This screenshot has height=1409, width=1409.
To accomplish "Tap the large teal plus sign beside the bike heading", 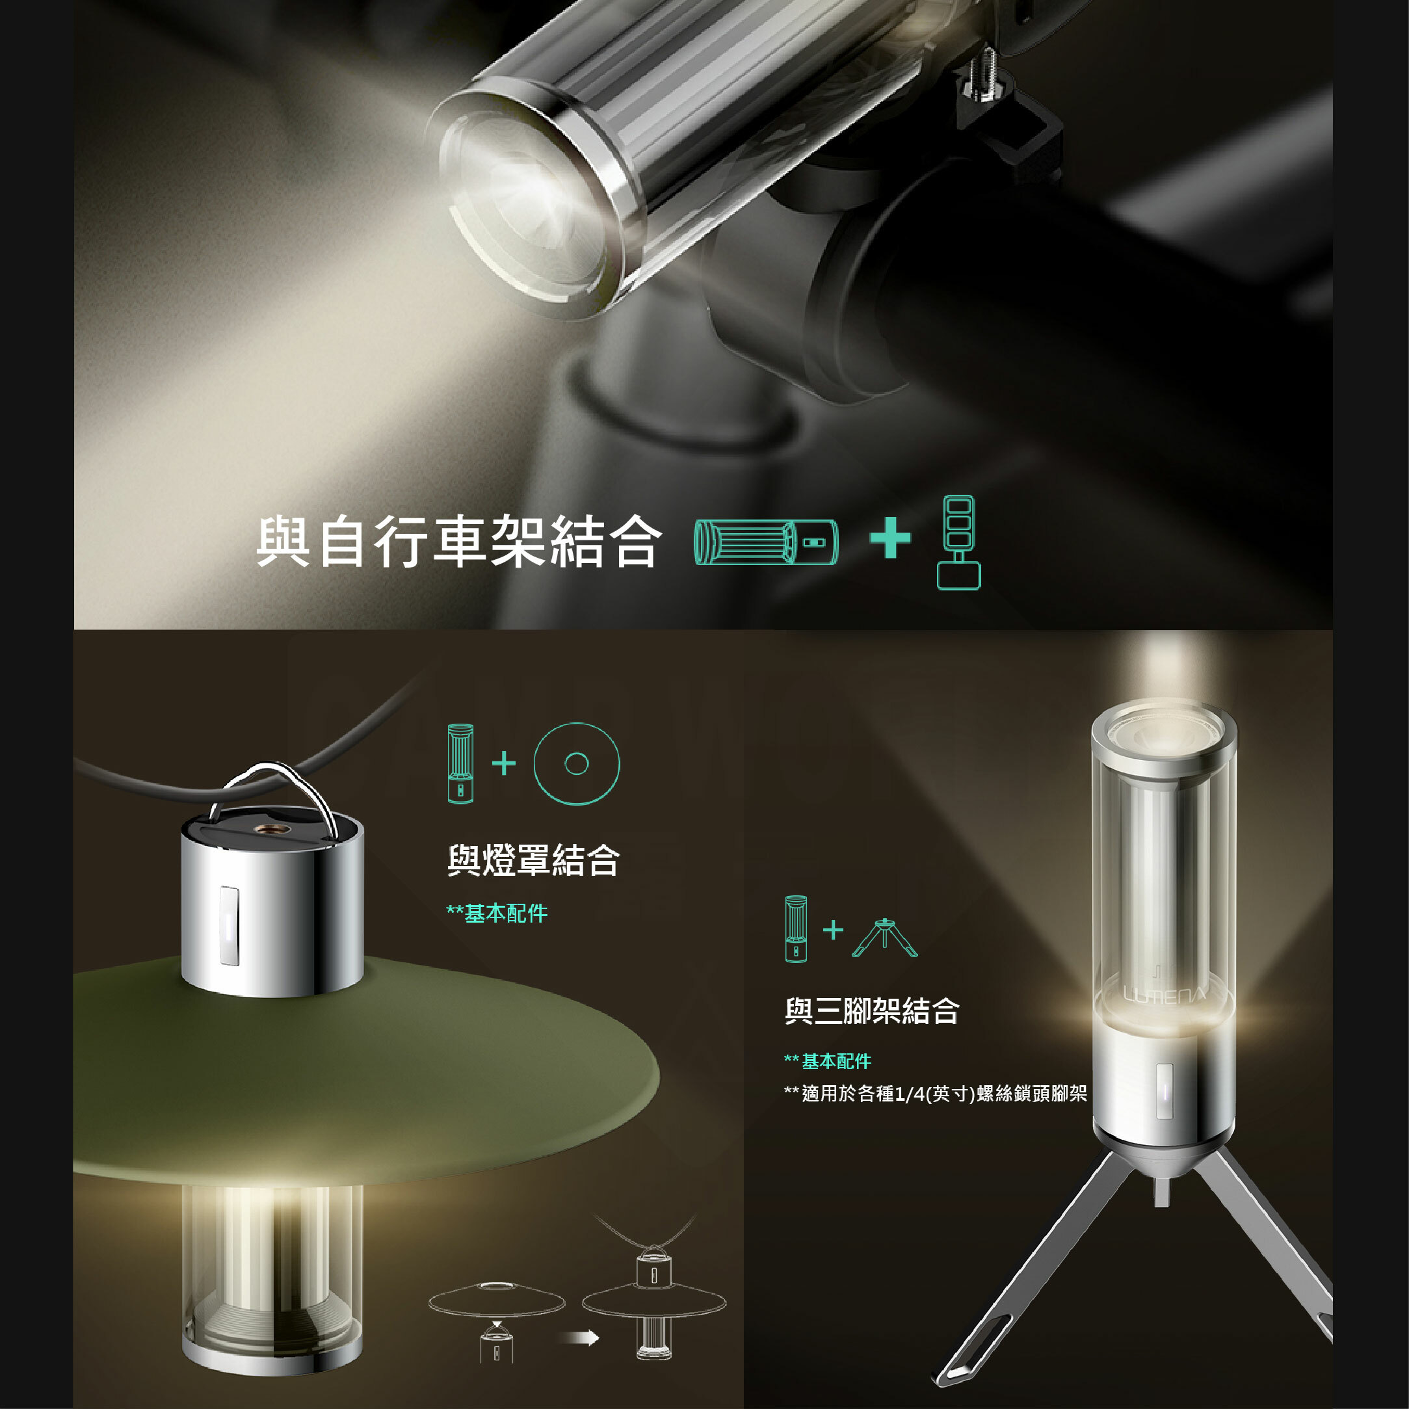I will [x=889, y=538].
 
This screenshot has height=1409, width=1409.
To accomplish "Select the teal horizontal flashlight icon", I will [x=766, y=542].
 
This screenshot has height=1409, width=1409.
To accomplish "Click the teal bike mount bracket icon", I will [x=958, y=542].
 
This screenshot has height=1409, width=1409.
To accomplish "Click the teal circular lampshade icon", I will [x=576, y=763].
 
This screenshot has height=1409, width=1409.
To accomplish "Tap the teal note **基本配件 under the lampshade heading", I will [x=497, y=913].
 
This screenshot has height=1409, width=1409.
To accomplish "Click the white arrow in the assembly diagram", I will [x=581, y=1337].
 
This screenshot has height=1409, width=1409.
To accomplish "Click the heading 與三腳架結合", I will [x=871, y=1011].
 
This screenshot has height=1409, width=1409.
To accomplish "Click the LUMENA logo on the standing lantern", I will [x=1164, y=995].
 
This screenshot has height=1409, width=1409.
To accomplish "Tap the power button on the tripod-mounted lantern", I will [x=1165, y=1091].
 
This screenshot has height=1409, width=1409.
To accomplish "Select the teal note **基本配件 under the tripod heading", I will [x=828, y=1061].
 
